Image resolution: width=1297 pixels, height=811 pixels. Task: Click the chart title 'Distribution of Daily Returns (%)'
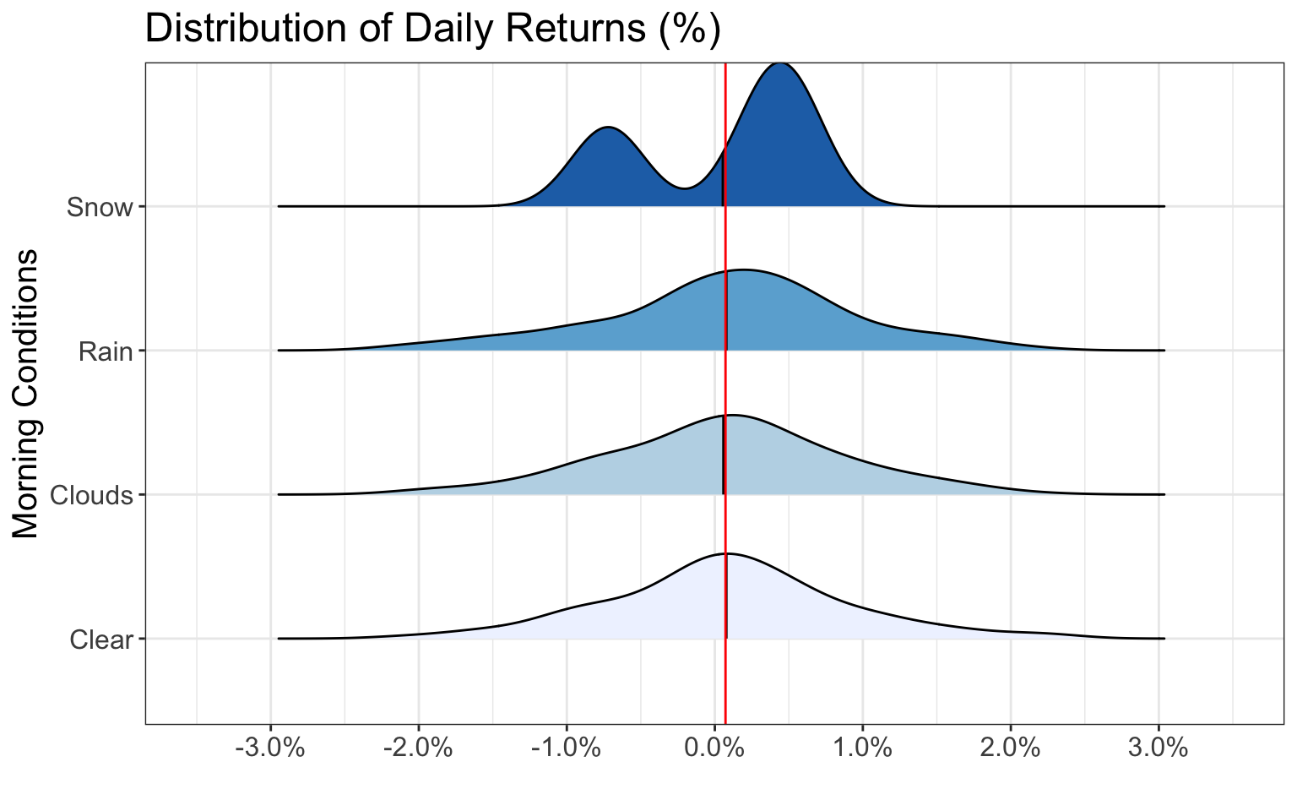pos(433,29)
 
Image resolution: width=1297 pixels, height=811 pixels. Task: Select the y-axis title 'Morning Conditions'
pos(25,394)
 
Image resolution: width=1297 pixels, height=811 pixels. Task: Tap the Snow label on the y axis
pos(100,207)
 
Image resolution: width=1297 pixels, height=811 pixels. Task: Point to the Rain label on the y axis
pos(106,351)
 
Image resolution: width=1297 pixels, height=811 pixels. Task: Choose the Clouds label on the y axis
pos(91,495)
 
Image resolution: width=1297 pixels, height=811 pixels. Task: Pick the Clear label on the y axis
pos(101,640)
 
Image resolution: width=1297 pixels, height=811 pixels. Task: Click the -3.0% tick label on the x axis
pos(270,748)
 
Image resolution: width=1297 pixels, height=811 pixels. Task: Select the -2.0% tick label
pos(418,748)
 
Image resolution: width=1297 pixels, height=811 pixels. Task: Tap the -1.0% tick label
pos(567,748)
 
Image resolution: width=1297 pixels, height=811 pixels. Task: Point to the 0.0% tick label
pos(714,748)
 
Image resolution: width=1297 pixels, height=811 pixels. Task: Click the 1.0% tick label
pos(863,748)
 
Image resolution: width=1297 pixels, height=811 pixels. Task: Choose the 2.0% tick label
pos(1011,748)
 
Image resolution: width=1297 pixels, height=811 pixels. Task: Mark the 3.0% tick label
pos(1159,748)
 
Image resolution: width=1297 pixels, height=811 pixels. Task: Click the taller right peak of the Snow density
pos(780,63)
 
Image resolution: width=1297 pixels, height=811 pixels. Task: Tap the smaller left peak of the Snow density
pos(607,127)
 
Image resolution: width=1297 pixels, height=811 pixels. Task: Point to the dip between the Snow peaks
pos(685,188)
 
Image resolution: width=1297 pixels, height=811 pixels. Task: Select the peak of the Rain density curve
pos(743,270)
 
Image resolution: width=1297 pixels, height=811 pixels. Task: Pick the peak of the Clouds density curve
pos(733,416)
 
